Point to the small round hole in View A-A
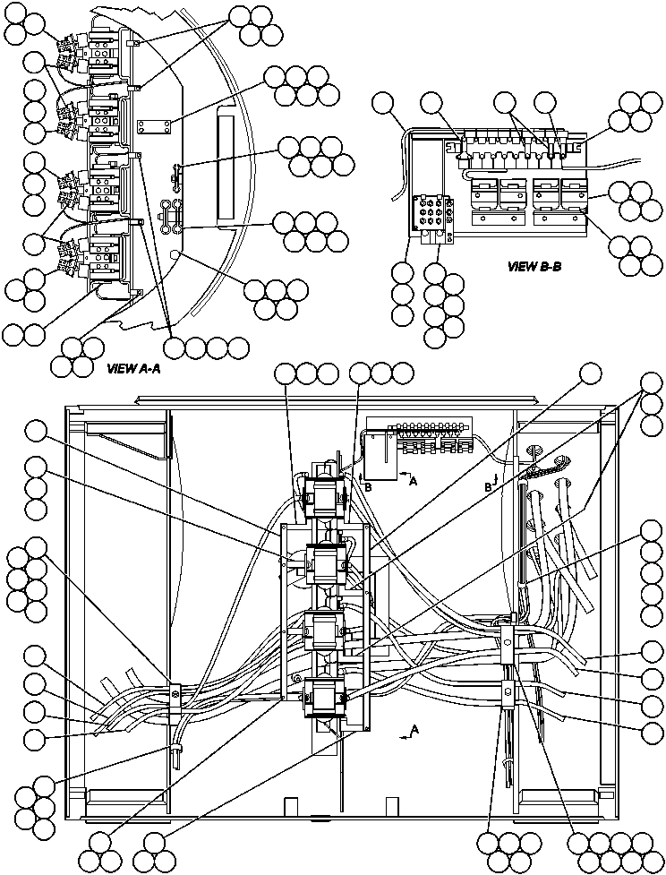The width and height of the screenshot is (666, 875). point(177,256)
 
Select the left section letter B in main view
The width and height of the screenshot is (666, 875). point(367,486)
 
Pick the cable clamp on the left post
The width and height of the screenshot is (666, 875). point(175,692)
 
